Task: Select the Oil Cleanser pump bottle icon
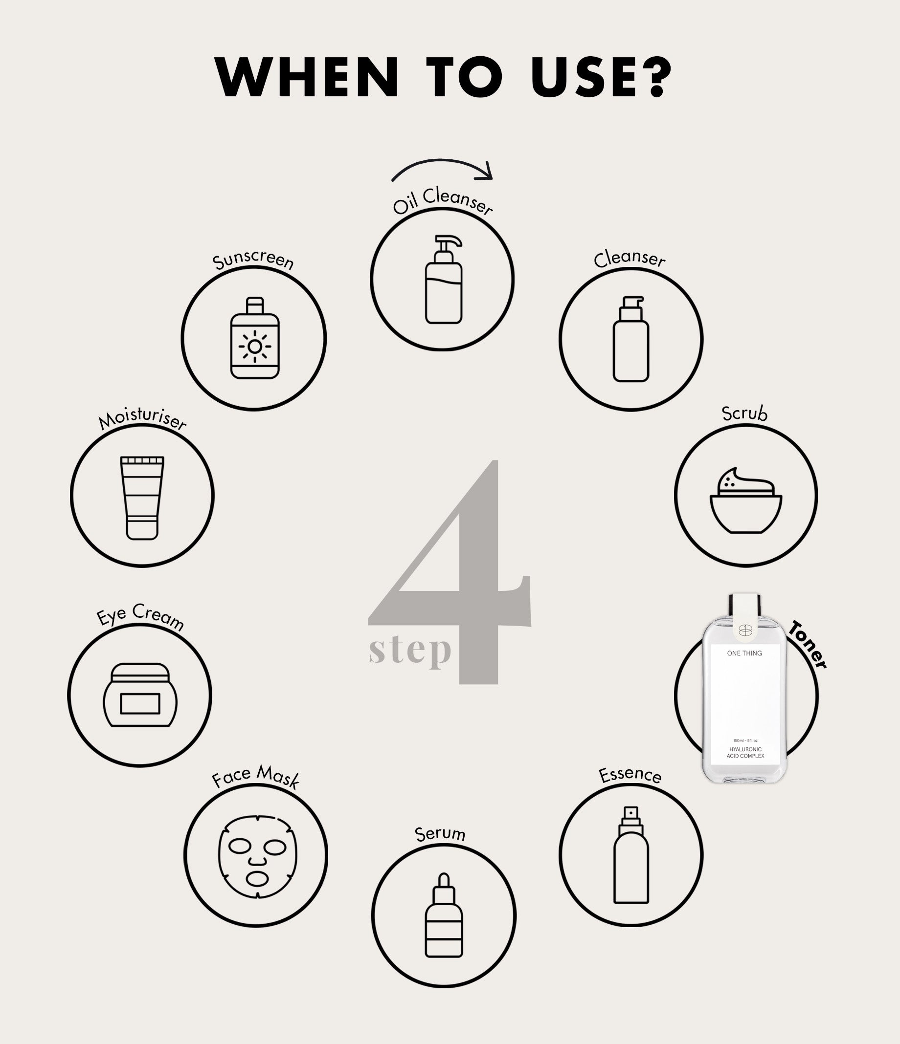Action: click(x=443, y=279)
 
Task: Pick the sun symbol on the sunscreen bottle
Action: click(x=255, y=347)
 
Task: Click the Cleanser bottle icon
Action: click(x=631, y=339)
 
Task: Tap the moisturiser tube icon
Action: click(x=142, y=498)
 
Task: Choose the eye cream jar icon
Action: click(x=140, y=695)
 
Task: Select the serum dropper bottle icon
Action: click(x=444, y=915)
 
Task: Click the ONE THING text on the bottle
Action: click(x=744, y=653)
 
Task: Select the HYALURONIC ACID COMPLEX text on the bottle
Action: click(x=745, y=753)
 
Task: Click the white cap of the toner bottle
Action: click(x=745, y=617)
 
